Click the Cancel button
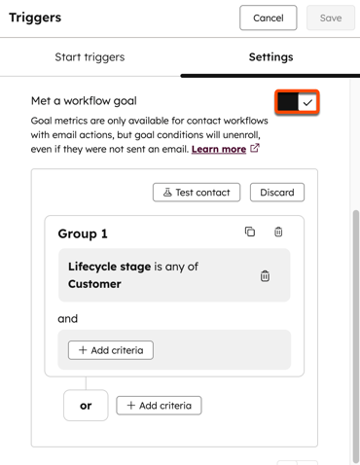269,18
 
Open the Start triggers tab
90,57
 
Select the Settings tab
270,57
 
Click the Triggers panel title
35,18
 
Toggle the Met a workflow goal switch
297,102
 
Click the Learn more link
219,149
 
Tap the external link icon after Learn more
255,149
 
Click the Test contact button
197,193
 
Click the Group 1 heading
83,233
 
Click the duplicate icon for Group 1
250,232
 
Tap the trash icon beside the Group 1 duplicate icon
278,232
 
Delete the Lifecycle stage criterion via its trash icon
265,276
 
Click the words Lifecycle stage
109,267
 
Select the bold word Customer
94,284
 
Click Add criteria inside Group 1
111,350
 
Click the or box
86,406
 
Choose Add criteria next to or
159,406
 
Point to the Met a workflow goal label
84,101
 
